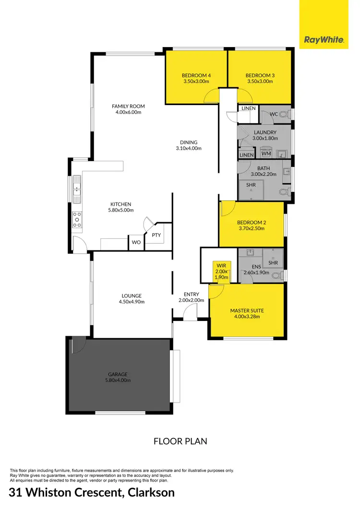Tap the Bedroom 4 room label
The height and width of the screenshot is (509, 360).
click(x=196, y=78)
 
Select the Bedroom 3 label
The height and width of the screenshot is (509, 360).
click(x=260, y=78)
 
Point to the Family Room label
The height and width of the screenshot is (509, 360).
click(x=128, y=109)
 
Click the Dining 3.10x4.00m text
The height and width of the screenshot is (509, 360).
click(x=189, y=145)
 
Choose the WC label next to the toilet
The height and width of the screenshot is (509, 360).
click(x=274, y=114)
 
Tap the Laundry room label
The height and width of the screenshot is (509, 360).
click(x=264, y=135)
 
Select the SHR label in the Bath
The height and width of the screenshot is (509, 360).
click(x=251, y=185)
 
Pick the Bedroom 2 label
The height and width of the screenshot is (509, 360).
click(x=251, y=225)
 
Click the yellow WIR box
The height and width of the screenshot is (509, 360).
click(x=221, y=272)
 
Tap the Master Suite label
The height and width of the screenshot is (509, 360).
click(x=247, y=314)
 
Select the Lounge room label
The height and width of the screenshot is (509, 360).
click(x=131, y=299)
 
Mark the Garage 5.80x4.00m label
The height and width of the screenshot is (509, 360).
click(x=117, y=377)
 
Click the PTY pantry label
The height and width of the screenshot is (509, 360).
click(x=156, y=235)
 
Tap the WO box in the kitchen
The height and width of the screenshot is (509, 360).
click(x=136, y=243)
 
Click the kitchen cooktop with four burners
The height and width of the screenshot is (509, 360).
click(x=76, y=219)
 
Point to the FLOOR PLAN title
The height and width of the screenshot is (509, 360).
click(x=180, y=441)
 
